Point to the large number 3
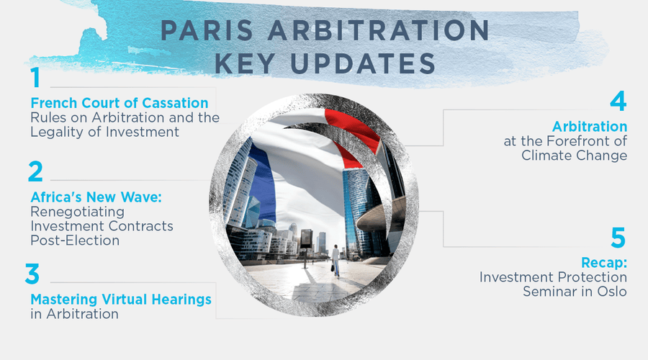pyautogui.click(x=35, y=275)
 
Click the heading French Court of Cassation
pyautogui.click(x=120, y=102)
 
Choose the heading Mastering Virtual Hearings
pyautogui.click(x=120, y=299)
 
